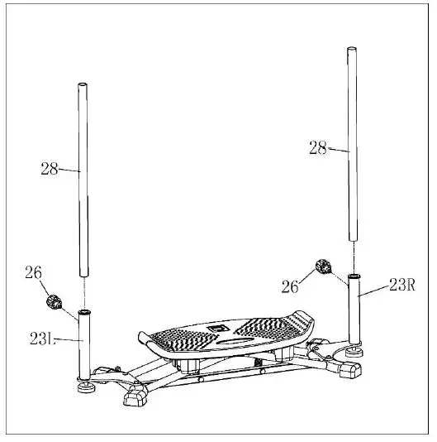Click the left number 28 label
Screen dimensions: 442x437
(x=50, y=168)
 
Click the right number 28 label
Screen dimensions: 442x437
(x=318, y=148)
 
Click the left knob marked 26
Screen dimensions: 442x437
(x=57, y=301)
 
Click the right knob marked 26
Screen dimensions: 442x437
(x=323, y=267)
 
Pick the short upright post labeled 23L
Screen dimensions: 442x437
(x=84, y=344)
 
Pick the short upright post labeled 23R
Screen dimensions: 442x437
(x=354, y=308)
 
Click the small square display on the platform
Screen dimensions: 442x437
(x=217, y=328)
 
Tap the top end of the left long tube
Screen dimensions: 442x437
(x=84, y=85)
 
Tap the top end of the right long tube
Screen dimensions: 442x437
(x=352, y=51)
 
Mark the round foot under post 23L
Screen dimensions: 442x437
(x=85, y=383)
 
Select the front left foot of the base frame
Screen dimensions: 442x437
(x=134, y=400)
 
